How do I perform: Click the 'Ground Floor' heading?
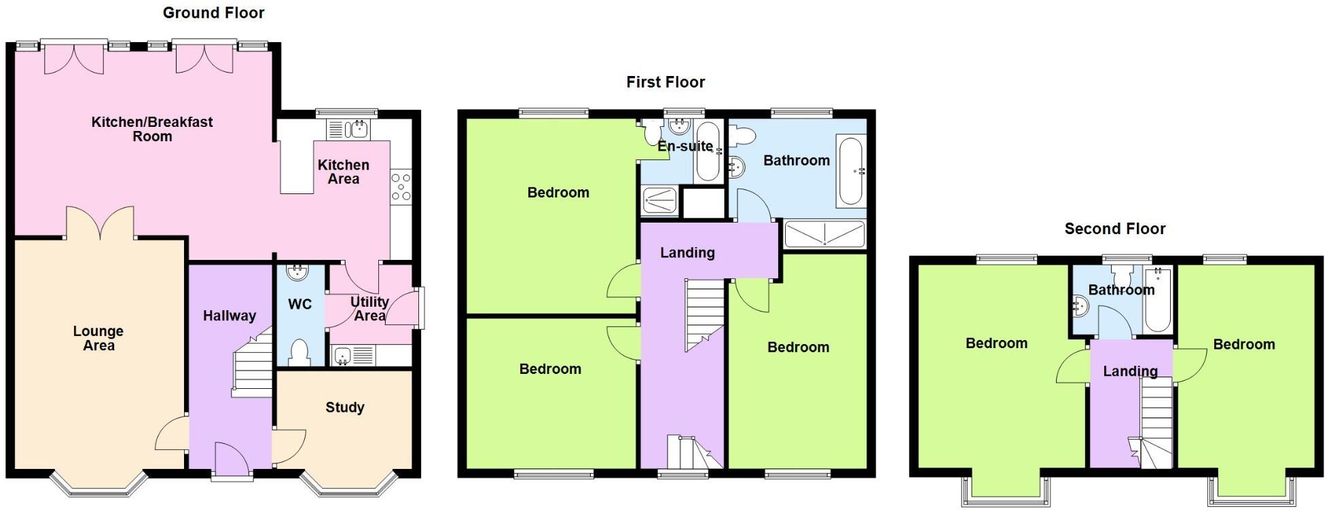tap(213, 13)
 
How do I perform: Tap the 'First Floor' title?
tap(665, 82)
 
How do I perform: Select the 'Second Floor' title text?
tap(1114, 229)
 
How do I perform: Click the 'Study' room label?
tap(344, 407)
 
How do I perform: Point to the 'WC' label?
tap(299, 304)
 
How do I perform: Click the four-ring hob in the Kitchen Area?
tap(401, 187)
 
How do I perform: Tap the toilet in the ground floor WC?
tap(299, 352)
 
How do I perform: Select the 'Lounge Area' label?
tap(98, 338)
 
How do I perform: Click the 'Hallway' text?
tap(230, 316)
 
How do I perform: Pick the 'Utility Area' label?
tap(369, 308)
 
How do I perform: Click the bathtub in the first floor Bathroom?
tap(851, 171)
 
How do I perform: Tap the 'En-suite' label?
tap(685, 146)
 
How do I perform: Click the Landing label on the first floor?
tap(687, 252)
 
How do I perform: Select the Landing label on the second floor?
tap(1130, 371)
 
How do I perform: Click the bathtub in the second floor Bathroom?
tap(1157, 299)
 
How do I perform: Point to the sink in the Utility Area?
tap(342, 354)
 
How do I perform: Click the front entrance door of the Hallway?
tap(231, 459)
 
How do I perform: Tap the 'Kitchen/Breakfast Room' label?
tap(152, 129)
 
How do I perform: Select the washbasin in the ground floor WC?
tap(297, 273)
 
